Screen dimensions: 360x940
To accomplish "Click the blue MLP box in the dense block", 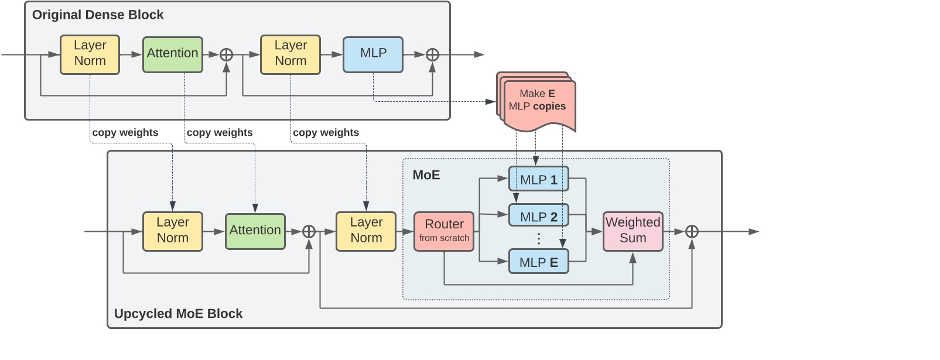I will click(373, 54).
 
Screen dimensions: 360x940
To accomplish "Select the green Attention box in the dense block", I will click(172, 54).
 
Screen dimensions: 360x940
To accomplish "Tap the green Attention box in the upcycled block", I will click(255, 231).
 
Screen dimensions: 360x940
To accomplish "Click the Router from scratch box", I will click(444, 231).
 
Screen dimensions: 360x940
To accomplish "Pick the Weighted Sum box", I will click(633, 231).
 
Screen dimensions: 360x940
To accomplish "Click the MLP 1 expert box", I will click(538, 180).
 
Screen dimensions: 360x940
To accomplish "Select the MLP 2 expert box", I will click(538, 217).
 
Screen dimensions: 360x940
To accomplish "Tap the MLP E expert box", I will click(538, 262).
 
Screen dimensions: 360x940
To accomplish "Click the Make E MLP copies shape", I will click(536, 102).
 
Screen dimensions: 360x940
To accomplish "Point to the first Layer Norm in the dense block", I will click(90, 54).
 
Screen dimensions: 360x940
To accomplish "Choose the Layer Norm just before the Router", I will click(366, 231).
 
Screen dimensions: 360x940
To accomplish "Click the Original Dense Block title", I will click(98, 15).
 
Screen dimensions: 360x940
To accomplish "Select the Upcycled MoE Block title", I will click(178, 313).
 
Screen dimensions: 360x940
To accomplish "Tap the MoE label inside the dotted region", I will click(426, 175).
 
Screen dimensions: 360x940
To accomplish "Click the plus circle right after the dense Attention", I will click(226, 54).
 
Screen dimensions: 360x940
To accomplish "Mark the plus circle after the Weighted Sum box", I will click(692, 231).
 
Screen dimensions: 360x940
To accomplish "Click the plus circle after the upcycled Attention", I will click(309, 231).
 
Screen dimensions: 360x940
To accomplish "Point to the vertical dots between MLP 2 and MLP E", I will click(538, 238).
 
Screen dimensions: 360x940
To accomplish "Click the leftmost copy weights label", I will click(125, 132).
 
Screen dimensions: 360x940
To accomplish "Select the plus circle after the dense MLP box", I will click(432, 54).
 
